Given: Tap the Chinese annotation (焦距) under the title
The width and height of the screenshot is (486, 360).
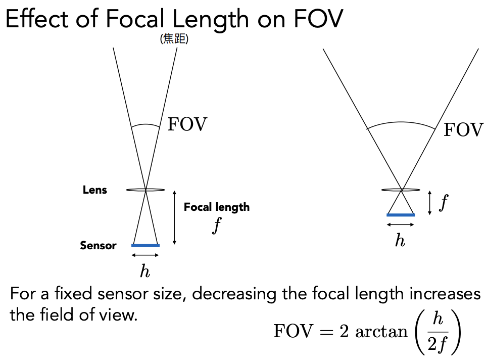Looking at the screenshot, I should tap(174, 39).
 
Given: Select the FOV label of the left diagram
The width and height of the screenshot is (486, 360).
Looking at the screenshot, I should tap(187, 124).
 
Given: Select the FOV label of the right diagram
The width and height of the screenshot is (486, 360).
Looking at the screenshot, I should tap(463, 130).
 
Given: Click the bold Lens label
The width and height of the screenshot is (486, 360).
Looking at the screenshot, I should tap(95, 190).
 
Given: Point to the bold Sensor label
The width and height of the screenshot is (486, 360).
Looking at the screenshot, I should tap(98, 246).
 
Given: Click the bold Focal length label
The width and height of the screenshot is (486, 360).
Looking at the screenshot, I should tap(216, 207).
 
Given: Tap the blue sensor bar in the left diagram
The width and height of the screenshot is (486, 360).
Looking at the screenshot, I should tap(145, 246).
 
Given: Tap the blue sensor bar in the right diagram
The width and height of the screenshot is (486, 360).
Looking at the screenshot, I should tap(401, 215).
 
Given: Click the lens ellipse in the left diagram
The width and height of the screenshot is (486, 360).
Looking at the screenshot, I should tap(145, 190).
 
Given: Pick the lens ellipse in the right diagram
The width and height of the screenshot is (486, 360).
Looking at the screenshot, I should tap(401, 190).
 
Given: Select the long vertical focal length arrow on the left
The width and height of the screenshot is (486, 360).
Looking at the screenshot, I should tap(174, 217).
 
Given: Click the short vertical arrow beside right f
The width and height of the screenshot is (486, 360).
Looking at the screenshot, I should tap(429, 202).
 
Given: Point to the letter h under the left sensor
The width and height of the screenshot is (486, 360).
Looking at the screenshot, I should tap(145, 272).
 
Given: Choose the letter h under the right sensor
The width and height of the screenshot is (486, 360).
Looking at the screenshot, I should tap(400, 240).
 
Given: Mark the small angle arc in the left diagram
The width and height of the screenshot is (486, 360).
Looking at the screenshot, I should tap(145, 125).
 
